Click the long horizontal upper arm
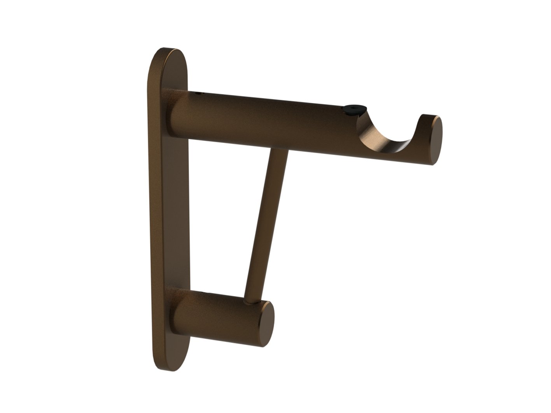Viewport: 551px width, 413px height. click(272, 120)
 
